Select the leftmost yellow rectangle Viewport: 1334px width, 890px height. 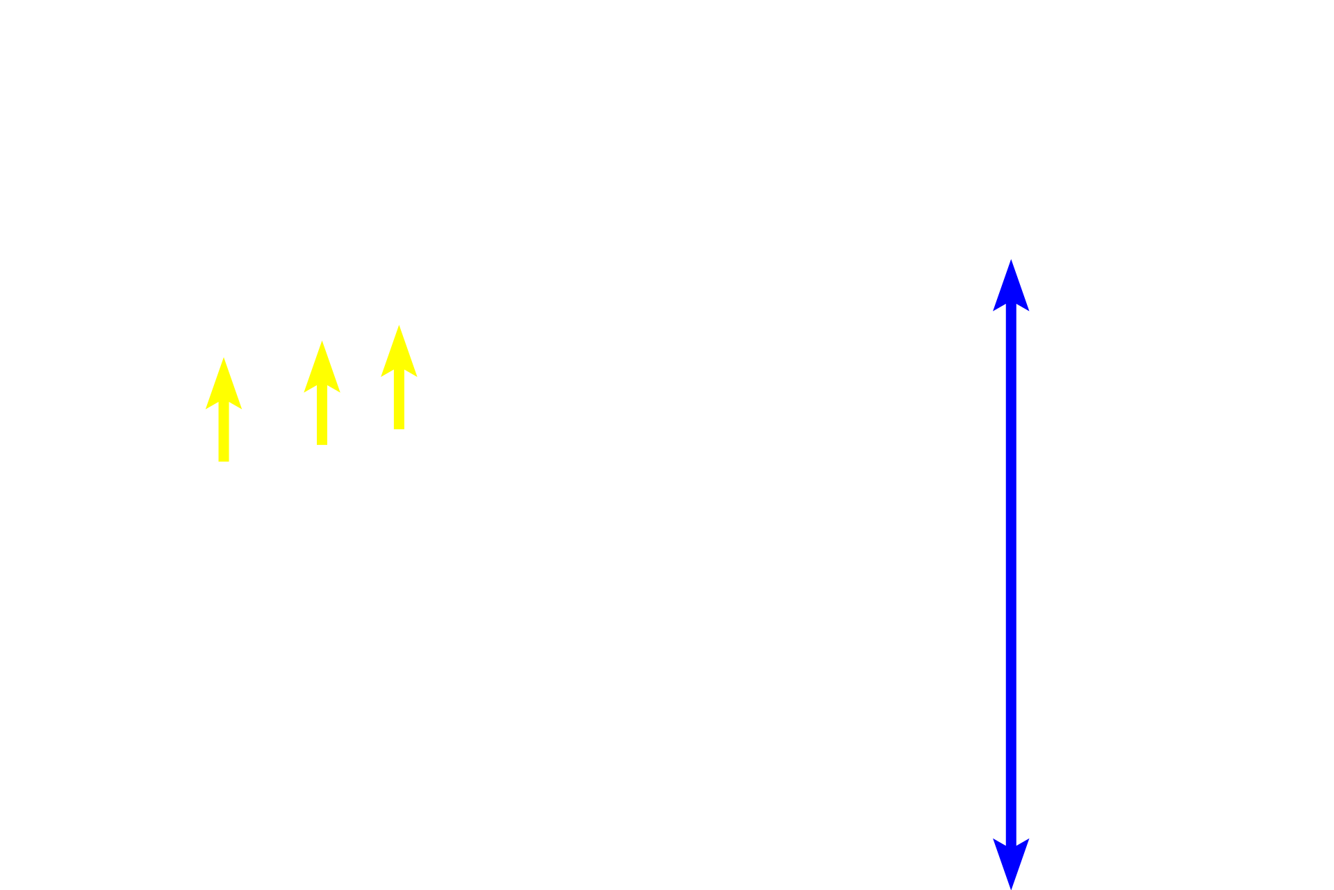tap(224, 409)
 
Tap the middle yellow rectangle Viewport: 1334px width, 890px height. tap(322, 392)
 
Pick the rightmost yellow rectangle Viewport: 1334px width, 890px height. tap(399, 377)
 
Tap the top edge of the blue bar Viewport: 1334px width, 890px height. tap(1010, 259)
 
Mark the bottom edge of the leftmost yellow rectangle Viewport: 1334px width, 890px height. tap(224, 462)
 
